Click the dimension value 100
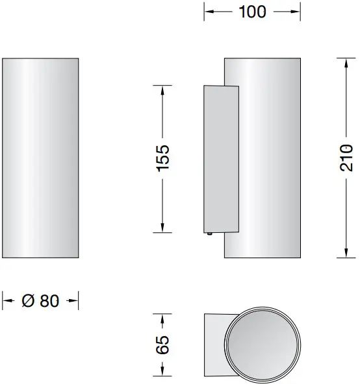[x=253, y=12]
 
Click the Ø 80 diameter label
[x=40, y=300]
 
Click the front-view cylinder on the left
[x=41, y=158]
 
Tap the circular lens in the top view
[x=264, y=343]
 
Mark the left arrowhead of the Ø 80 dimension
[x=7, y=300]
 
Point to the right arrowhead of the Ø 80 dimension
[x=75, y=300]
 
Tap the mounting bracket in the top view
[x=214, y=343]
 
